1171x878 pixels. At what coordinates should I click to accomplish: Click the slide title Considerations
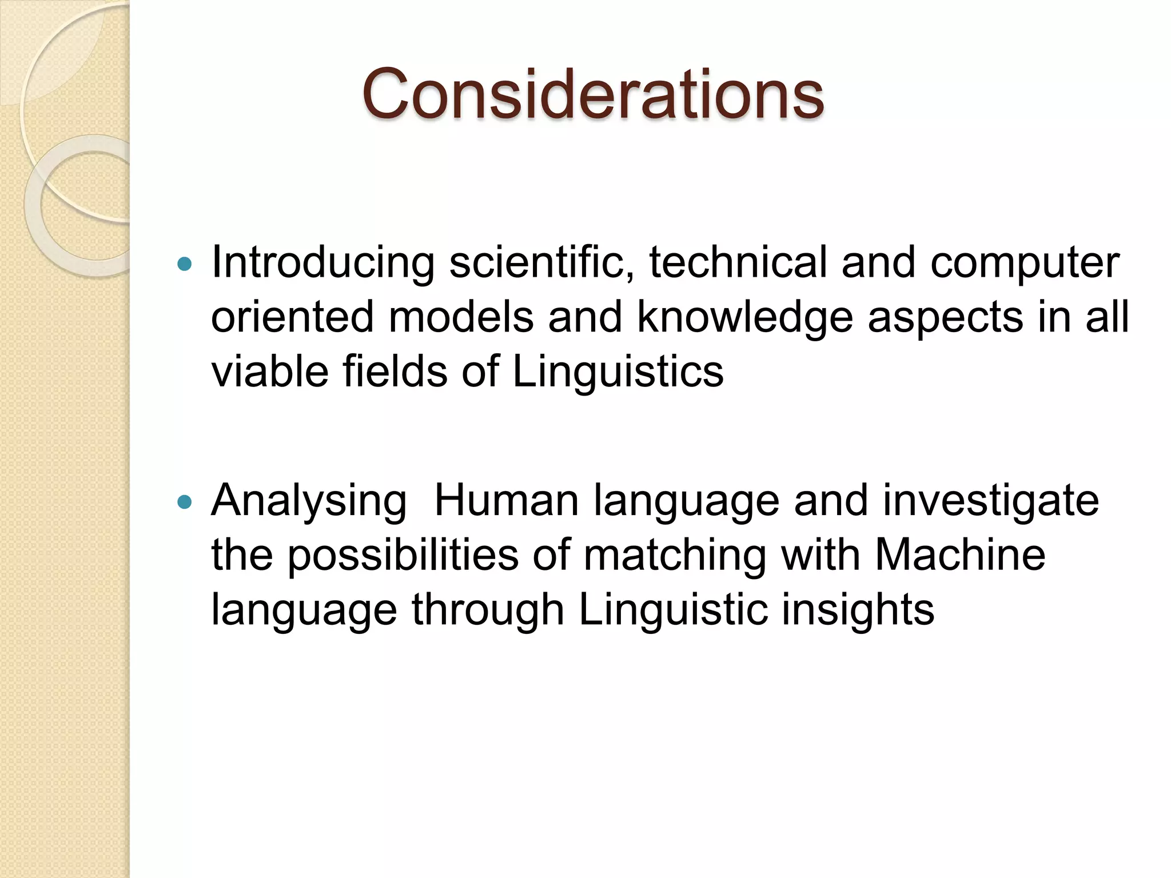(592, 94)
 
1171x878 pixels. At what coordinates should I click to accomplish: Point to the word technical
(738, 263)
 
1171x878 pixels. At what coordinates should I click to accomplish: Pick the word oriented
(292, 317)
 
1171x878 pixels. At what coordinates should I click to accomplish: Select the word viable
(269, 372)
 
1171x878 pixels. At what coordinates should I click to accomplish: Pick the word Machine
(960, 555)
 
